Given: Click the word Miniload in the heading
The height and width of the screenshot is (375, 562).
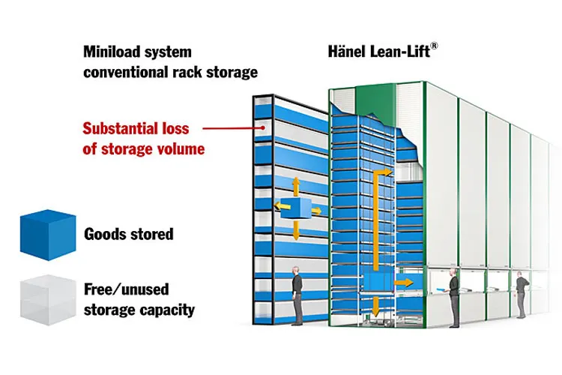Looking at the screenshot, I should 112,52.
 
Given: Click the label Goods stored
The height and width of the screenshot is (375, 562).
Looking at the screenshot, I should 129,234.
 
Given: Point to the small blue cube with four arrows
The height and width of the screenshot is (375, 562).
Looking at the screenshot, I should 296,208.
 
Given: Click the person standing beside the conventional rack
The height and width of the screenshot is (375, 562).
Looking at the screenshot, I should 297,295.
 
